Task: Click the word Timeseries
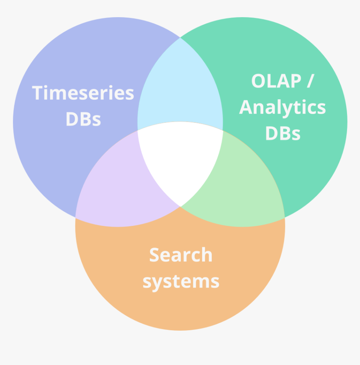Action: click(x=83, y=93)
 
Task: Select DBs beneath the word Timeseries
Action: click(x=83, y=119)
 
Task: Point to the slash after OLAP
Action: click(x=309, y=81)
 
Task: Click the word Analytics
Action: click(x=282, y=108)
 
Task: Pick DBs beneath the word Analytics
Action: click(x=283, y=134)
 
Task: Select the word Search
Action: click(x=180, y=255)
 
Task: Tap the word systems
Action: click(x=180, y=281)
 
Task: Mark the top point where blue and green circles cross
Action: click(x=180, y=38)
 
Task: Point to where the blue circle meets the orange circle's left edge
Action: click(x=76, y=217)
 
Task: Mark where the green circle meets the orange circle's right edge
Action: click(x=284, y=217)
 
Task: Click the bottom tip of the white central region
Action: click(x=180, y=206)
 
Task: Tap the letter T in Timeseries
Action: click(x=39, y=93)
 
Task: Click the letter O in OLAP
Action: click(x=259, y=81)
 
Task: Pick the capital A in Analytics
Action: click(x=247, y=108)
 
